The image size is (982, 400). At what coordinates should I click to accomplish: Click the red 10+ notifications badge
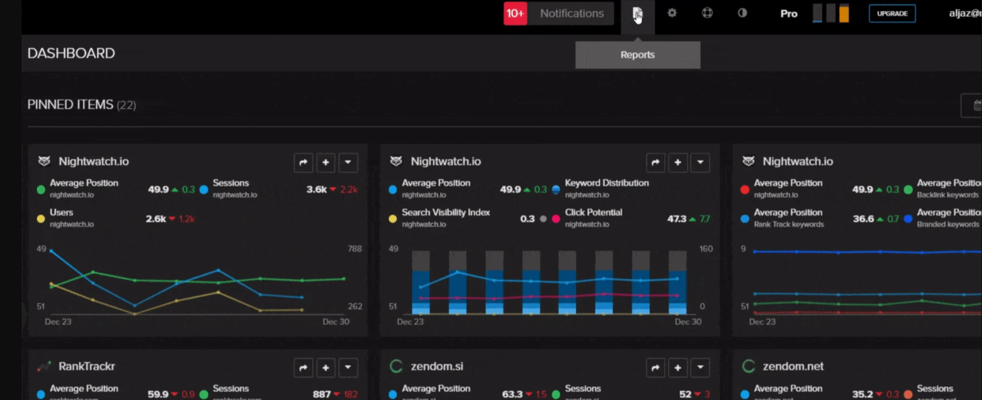pyautogui.click(x=515, y=14)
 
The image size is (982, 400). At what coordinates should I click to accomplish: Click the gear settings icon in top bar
pyautogui.click(x=672, y=13)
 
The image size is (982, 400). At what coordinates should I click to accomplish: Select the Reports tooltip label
pyautogui.click(x=637, y=55)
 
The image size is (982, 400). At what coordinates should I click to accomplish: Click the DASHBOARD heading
pyautogui.click(x=71, y=53)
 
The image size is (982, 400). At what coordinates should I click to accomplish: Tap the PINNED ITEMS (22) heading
pyautogui.click(x=81, y=104)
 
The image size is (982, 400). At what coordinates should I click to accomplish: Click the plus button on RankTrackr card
pyautogui.click(x=326, y=368)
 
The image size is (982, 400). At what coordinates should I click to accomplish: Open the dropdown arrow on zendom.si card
pyautogui.click(x=700, y=368)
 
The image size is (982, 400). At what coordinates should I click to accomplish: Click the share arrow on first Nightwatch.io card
pyautogui.click(x=304, y=162)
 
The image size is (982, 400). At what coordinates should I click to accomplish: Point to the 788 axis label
pyautogui.click(x=354, y=248)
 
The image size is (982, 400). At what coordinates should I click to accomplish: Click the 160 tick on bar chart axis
pyautogui.click(x=706, y=248)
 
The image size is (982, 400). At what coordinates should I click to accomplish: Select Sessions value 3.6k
pyautogui.click(x=317, y=189)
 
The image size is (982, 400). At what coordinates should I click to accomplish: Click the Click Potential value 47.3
pyautogui.click(x=676, y=219)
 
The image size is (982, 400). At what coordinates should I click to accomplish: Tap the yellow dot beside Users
pyautogui.click(x=41, y=219)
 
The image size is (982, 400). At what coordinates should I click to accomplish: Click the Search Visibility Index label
pyautogui.click(x=446, y=212)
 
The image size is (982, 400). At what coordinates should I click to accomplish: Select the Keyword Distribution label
pyautogui.click(x=607, y=183)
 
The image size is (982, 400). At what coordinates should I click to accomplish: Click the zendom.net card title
pyautogui.click(x=793, y=366)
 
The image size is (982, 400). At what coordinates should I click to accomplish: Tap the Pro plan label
pyautogui.click(x=788, y=14)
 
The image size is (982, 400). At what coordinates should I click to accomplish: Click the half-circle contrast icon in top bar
pyautogui.click(x=742, y=13)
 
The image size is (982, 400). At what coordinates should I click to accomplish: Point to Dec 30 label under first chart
pyautogui.click(x=335, y=322)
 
